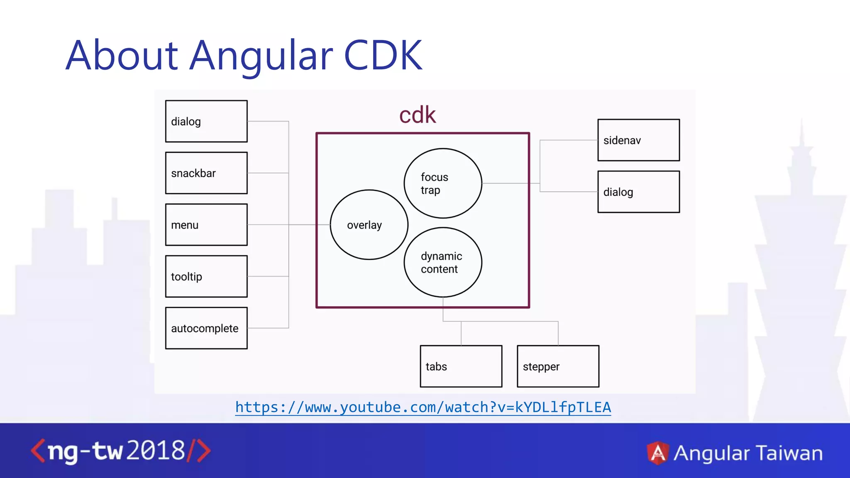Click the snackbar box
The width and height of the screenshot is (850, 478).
(x=206, y=173)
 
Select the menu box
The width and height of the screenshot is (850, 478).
(x=206, y=224)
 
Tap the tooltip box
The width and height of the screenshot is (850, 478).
(x=206, y=276)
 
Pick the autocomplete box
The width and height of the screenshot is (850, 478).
(x=206, y=328)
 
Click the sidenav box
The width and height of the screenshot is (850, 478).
(x=638, y=140)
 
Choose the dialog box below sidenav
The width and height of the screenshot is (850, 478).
(x=638, y=192)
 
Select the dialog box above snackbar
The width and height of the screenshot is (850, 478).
(x=206, y=121)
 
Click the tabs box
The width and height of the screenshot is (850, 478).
(x=461, y=366)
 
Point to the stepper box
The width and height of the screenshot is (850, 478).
(x=558, y=366)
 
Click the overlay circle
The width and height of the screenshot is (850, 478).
(x=369, y=224)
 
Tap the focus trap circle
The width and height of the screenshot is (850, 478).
(x=443, y=183)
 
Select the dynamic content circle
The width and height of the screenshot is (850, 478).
(x=443, y=262)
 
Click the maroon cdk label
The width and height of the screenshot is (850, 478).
(x=418, y=115)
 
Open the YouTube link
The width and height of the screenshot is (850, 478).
(x=423, y=407)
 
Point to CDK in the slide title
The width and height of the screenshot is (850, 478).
(x=383, y=55)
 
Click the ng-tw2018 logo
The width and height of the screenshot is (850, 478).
(x=120, y=451)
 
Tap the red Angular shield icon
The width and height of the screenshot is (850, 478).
(x=657, y=453)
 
